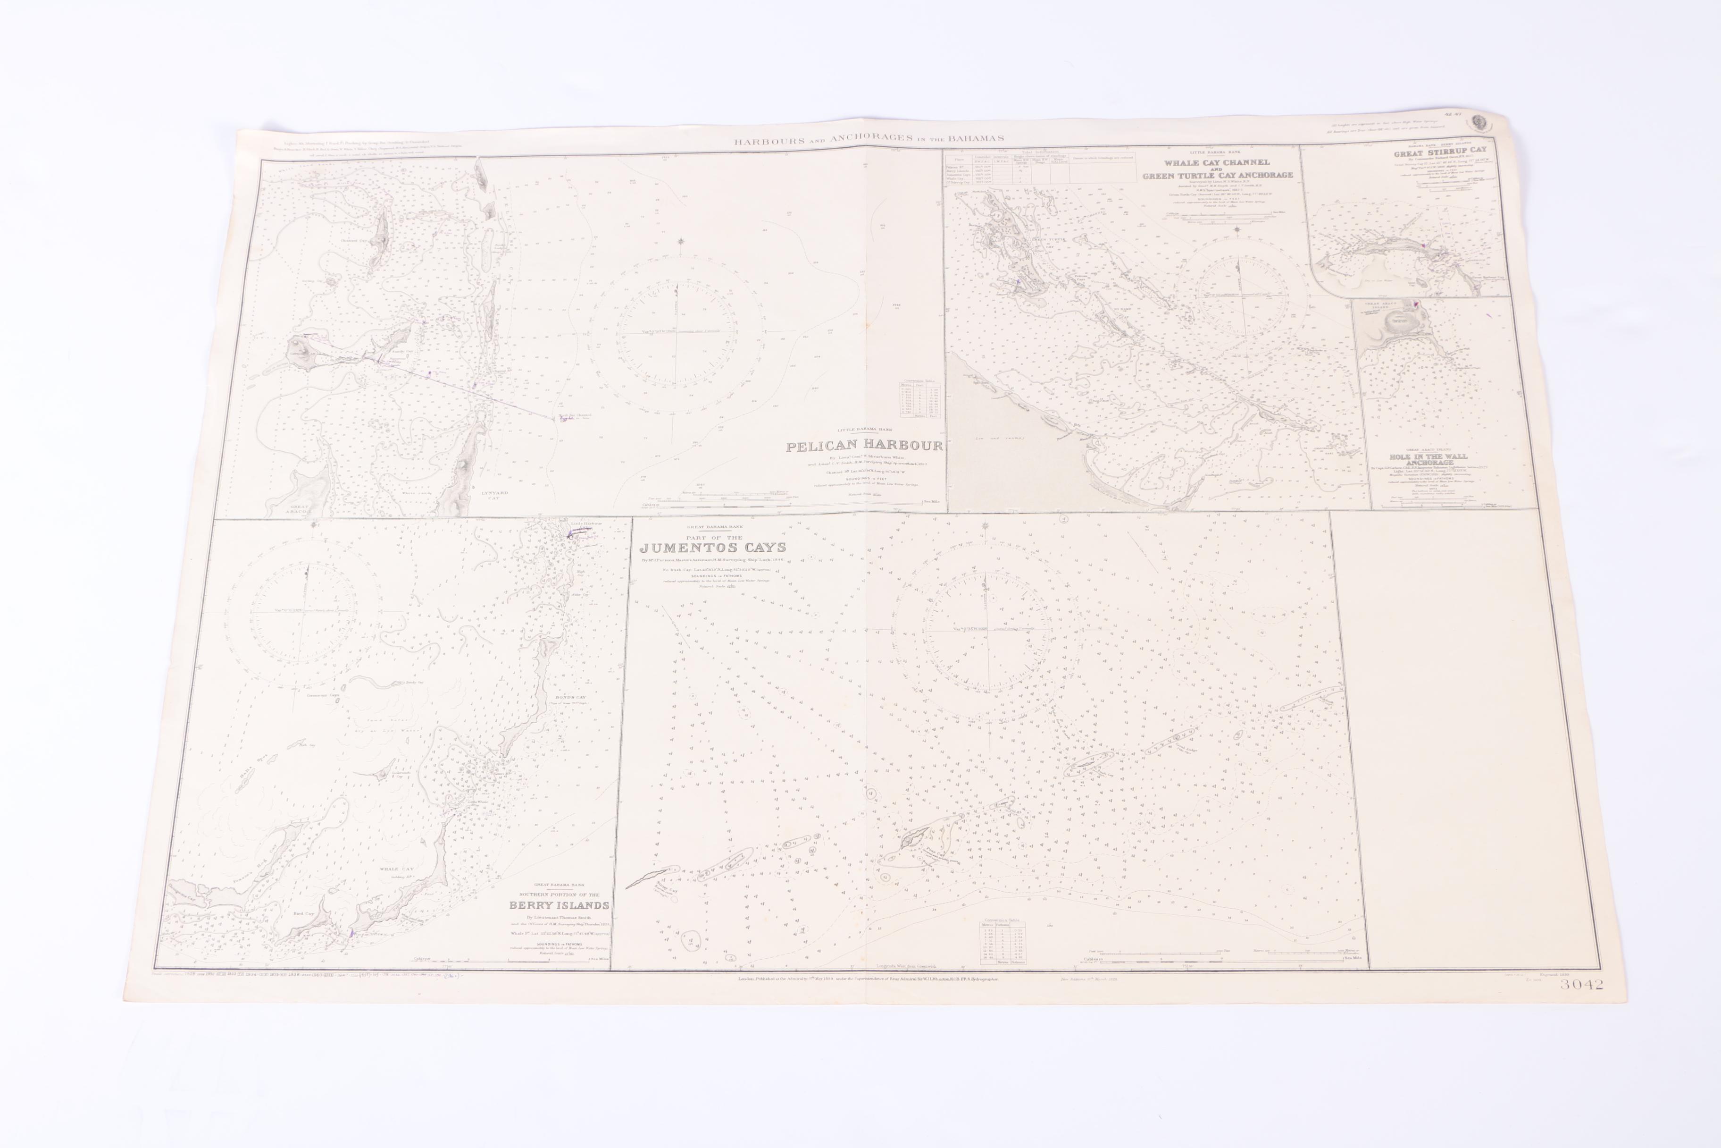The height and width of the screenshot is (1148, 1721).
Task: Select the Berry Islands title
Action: pos(559,905)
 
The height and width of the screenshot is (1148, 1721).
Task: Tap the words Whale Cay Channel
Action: pos(1217,162)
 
